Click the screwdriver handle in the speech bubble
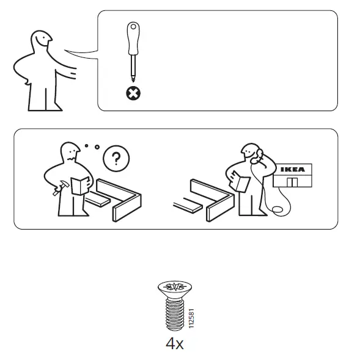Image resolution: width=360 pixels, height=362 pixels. [132, 36]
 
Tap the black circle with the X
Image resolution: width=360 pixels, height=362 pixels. [132, 93]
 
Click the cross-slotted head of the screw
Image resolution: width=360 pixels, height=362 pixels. [175, 287]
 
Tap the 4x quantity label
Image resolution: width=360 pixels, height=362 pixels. [175, 344]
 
